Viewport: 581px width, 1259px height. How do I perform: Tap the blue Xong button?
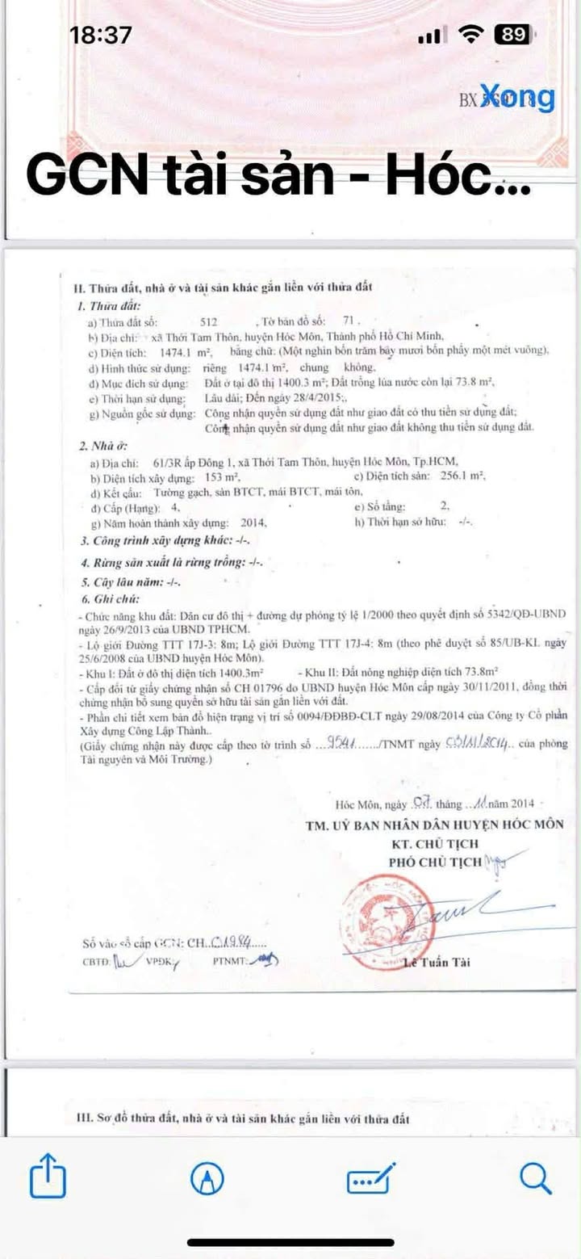[x=518, y=98]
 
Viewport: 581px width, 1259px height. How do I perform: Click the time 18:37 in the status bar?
[x=101, y=35]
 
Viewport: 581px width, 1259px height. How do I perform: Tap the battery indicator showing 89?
[x=514, y=35]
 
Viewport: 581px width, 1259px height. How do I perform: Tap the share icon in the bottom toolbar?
[x=47, y=1178]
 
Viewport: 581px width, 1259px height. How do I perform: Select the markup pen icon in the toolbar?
[x=207, y=1179]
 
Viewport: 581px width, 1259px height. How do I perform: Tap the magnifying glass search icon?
[x=535, y=1178]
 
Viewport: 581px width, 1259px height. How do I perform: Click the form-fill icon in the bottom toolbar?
[x=371, y=1179]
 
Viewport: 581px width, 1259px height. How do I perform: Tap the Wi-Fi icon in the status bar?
[x=469, y=34]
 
